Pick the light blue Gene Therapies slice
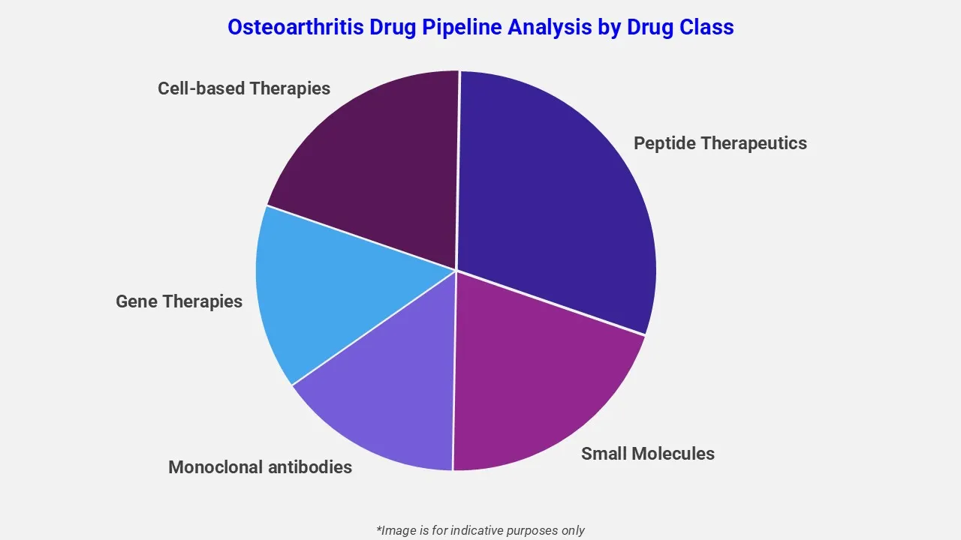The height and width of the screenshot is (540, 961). click(315, 292)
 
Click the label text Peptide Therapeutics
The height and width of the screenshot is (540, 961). click(720, 143)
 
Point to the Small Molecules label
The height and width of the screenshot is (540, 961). click(647, 454)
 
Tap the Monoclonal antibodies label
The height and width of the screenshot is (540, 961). click(260, 467)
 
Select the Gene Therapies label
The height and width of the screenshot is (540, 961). click(179, 301)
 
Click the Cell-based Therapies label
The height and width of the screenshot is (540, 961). click(244, 88)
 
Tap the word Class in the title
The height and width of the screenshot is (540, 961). click(706, 28)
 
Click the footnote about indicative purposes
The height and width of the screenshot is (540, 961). click(480, 530)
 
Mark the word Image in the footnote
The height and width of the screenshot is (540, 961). click(399, 530)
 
